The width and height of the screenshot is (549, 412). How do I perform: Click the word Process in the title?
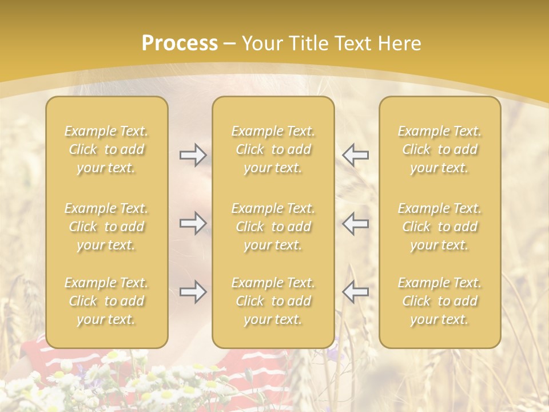tap(180, 43)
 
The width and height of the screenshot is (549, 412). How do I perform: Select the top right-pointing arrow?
tap(193, 155)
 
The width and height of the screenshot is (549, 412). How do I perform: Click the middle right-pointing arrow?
tap(193, 223)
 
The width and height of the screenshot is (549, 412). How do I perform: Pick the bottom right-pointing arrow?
tap(193, 292)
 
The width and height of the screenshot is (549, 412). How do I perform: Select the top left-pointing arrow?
tap(355, 155)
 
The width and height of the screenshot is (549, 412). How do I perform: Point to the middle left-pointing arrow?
tap(355, 223)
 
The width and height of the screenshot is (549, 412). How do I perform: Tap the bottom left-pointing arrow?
tap(355, 292)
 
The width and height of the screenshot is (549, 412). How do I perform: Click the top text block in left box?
tap(106, 149)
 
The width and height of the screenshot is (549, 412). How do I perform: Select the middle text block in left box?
tap(106, 227)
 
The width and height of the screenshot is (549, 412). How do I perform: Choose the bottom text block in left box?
tap(106, 301)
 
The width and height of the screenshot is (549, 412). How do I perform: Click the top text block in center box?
tap(273, 149)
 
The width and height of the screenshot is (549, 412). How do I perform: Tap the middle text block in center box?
tap(273, 227)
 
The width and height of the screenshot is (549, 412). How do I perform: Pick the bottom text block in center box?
tap(273, 301)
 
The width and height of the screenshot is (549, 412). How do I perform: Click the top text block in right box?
tap(439, 149)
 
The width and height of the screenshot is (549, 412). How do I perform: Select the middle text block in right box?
tap(439, 227)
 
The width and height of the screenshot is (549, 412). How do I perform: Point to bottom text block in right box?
tap(439, 301)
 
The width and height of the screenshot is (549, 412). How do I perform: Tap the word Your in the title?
tap(260, 43)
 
